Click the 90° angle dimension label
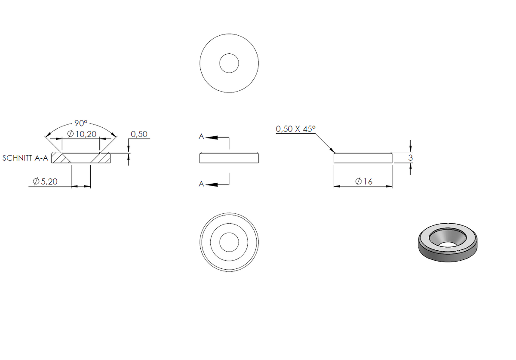[x=81, y=123]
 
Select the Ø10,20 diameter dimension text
[x=82, y=134]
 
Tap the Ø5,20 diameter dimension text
[x=45, y=182]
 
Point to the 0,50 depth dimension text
[x=139, y=134]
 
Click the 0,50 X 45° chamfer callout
[x=295, y=129]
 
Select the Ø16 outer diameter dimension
[x=364, y=182]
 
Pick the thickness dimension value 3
[x=410, y=158]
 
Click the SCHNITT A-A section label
[x=25, y=158]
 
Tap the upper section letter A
[x=201, y=137]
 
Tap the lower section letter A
[x=201, y=184]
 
